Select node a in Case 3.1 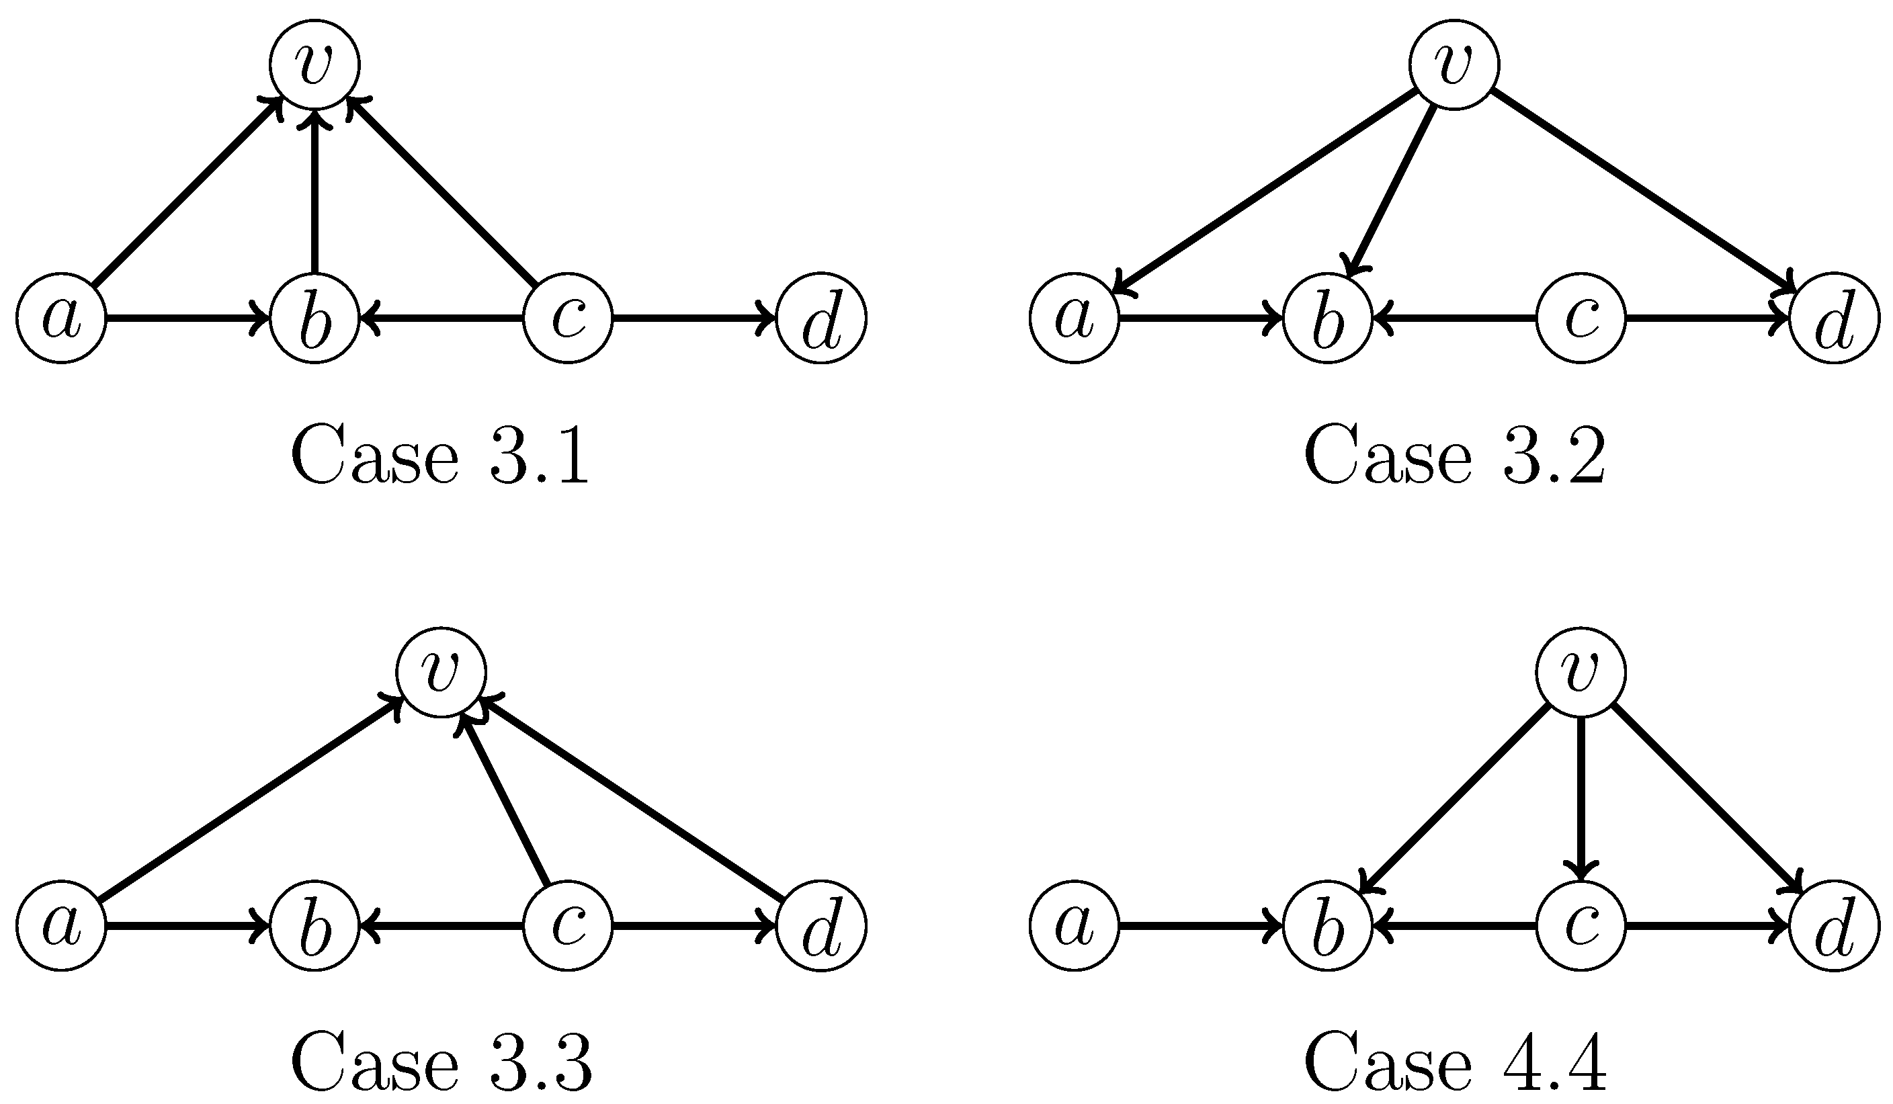[x=62, y=318]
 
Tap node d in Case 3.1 [x=821, y=318]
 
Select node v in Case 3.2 [x=1454, y=65]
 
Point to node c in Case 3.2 [x=1581, y=318]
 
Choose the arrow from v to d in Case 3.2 [x=1645, y=192]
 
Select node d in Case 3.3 [x=821, y=926]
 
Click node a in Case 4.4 [x=1075, y=926]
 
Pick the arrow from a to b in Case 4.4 [x=1200, y=926]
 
